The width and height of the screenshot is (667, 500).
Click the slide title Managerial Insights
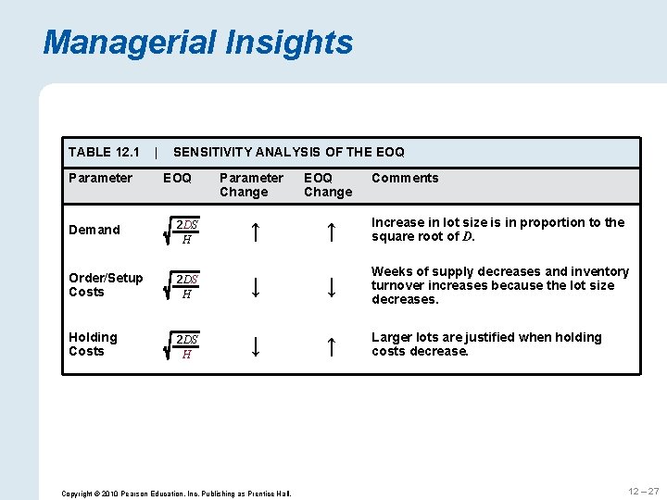[197, 43]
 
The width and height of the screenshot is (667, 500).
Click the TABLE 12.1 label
[104, 152]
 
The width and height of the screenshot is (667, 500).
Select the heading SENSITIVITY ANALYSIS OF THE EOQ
[289, 152]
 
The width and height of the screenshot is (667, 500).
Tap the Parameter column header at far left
[100, 178]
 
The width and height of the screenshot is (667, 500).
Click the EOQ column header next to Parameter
[177, 178]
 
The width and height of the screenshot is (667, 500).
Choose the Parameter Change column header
[251, 185]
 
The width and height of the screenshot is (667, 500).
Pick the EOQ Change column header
[328, 185]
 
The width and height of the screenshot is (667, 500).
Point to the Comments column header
[405, 178]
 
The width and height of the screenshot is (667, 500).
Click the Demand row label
[94, 230]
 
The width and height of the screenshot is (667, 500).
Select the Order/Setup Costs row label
[106, 285]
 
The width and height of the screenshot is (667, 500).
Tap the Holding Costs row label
[93, 344]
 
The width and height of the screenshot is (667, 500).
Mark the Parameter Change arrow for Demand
[255, 231]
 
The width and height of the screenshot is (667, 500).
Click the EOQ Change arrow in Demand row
[330, 231]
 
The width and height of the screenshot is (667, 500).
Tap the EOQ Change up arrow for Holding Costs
[330, 346]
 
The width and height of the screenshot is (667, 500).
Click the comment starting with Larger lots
[486, 344]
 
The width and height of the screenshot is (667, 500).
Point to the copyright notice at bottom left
[176, 494]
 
